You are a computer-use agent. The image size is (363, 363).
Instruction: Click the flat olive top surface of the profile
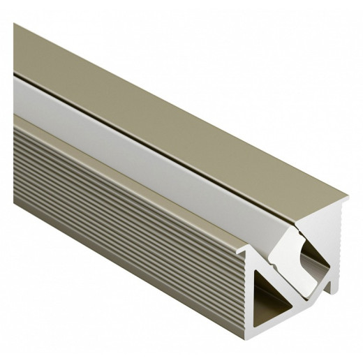coord(175,105)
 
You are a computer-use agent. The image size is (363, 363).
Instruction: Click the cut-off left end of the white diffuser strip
coord(17,77)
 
